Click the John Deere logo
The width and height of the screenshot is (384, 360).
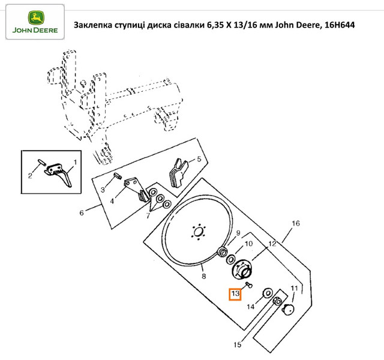[35, 22]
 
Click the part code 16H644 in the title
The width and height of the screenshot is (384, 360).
[340, 25]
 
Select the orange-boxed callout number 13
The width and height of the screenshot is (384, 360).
[235, 294]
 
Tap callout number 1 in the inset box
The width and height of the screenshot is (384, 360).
[75, 162]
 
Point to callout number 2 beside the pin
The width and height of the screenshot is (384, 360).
[30, 175]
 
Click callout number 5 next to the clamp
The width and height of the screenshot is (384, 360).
[199, 159]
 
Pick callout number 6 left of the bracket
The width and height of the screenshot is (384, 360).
[82, 212]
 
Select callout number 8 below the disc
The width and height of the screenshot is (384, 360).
[204, 276]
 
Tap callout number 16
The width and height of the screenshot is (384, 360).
[296, 223]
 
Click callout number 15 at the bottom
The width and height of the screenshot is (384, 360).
[238, 344]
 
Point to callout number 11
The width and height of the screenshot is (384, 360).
[294, 288]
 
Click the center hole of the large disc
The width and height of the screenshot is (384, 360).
[199, 232]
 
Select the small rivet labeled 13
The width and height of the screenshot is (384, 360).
[249, 285]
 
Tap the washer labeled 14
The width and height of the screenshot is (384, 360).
[268, 293]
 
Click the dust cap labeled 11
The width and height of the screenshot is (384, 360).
[288, 310]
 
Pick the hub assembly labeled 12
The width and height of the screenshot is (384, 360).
[241, 269]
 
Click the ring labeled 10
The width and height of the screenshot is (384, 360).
[231, 259]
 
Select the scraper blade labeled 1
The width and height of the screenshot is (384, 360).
[59, 174]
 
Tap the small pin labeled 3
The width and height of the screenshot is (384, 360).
[118, 176]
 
